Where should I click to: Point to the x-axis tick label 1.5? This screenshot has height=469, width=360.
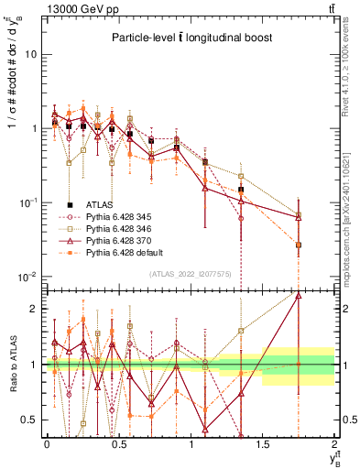coord(263,444)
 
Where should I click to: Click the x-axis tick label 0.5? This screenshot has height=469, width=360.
coord(118,444)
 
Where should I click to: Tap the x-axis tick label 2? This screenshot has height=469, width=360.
coord(335,444)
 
